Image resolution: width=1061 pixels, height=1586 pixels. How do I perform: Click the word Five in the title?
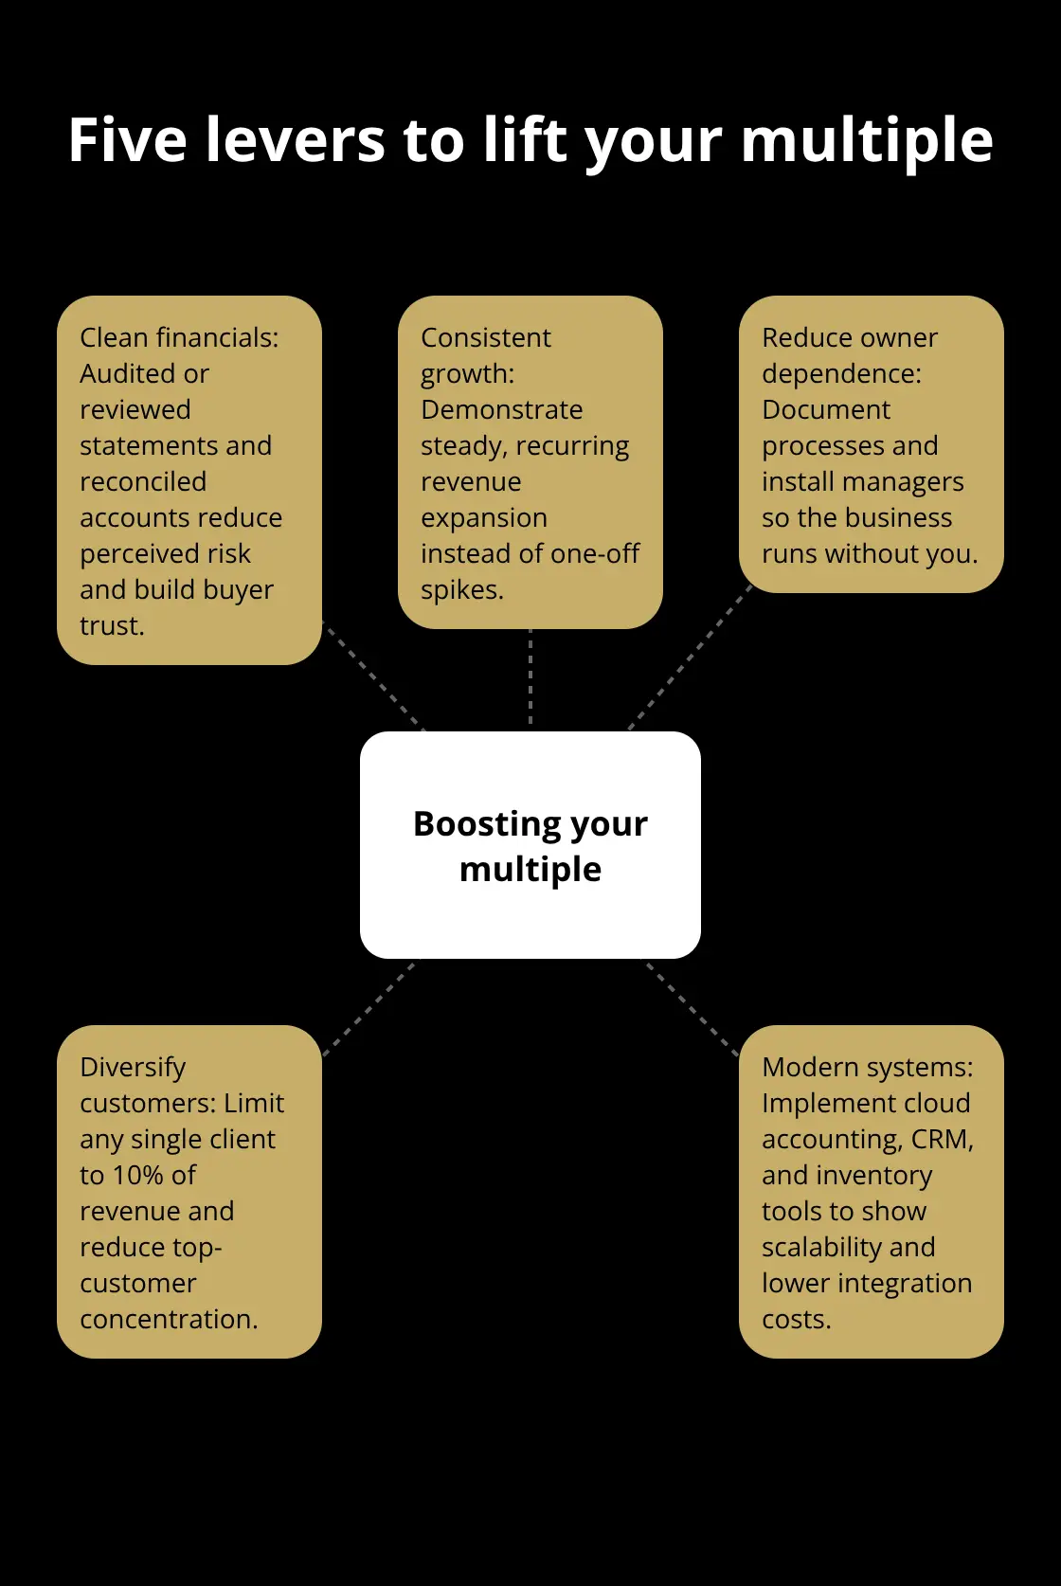tap(127, 140)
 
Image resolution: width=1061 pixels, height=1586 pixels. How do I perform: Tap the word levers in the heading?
tap(296, 140)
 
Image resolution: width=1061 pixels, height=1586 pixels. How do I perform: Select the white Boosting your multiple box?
tap(530, 845)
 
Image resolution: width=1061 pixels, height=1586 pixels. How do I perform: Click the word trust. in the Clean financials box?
tap(112, 625)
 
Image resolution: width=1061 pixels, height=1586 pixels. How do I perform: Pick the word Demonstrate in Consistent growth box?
tap(502, 409)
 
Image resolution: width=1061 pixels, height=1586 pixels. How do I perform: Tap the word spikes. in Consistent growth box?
tap(462, 590)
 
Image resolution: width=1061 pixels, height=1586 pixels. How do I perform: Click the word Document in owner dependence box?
tap(826, 409)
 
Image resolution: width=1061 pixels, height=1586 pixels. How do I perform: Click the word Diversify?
tap(133, 1068)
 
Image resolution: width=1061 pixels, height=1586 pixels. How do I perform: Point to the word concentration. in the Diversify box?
tap(170, 1319)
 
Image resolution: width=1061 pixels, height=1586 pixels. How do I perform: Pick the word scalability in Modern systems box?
tap(821, 1247)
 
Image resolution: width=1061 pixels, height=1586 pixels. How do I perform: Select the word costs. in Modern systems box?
tap(797, 1319)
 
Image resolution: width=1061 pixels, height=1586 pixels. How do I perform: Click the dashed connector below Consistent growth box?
tap(530, 677)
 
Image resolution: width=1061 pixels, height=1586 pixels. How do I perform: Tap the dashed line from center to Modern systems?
tap(692, 1009)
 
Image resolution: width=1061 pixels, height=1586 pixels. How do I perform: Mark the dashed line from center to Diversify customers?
tap(369, 1008)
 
